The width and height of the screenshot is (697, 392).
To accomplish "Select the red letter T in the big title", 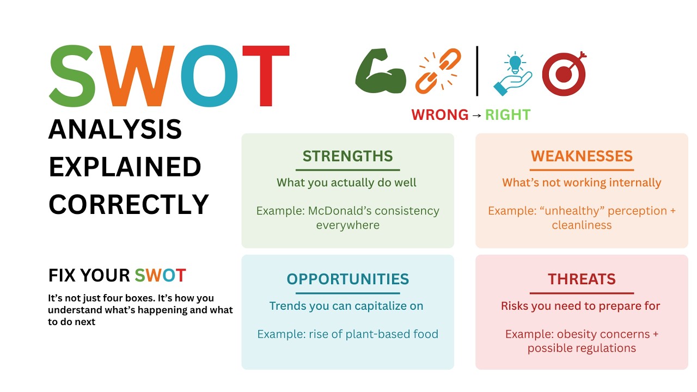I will (266, 76).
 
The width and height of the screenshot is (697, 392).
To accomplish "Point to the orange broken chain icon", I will (438, 71).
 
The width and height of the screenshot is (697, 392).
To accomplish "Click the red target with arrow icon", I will (564, 73).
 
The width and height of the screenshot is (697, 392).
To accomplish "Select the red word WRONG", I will (439, 115).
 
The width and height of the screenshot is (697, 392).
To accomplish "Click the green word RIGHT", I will (508, 115).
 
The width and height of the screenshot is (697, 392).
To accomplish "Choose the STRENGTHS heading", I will (347, 156).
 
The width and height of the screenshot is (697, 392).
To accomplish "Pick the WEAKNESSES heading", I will (582, 156).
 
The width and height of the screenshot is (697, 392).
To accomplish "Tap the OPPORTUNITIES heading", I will (347, 279).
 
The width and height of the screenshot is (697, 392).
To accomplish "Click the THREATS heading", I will (582, 279).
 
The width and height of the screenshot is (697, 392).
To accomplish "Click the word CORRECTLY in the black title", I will (129, 204).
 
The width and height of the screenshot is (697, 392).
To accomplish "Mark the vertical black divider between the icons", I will (477, 71).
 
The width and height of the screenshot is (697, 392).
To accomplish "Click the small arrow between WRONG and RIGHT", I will (476, 115).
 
